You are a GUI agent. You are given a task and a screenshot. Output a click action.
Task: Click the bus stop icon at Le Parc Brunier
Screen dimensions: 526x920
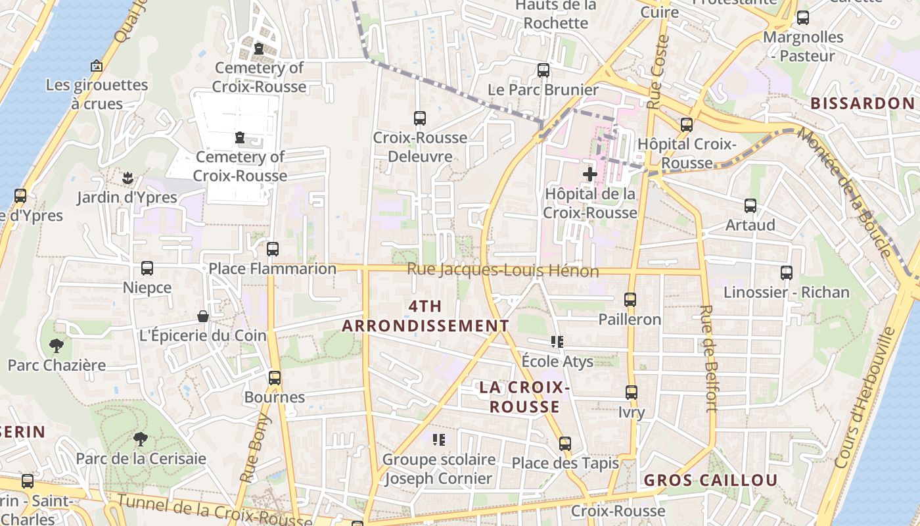(543, 70)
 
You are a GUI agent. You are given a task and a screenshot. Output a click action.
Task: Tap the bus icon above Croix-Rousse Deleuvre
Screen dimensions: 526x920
(419, 118)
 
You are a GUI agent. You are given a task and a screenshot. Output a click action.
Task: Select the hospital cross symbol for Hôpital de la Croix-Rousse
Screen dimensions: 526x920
(589, 174)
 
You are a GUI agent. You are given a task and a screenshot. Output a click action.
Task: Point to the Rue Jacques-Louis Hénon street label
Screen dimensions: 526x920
(503, 270)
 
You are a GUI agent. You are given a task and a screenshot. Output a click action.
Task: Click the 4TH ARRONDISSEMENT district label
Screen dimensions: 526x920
(425, 316)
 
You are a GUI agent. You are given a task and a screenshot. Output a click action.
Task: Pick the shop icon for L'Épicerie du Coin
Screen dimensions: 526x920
(203, 316)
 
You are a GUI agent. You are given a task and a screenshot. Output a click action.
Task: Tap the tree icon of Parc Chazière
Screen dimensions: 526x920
(57, 346)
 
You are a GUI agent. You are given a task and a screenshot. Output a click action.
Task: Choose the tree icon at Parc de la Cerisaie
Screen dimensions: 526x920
(140, 439)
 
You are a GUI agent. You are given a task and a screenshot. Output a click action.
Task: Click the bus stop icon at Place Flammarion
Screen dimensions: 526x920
(273, 249)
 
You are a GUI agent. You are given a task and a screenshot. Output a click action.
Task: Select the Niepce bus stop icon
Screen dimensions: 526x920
(147, 268)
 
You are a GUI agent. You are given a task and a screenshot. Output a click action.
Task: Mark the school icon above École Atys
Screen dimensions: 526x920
(557, 342)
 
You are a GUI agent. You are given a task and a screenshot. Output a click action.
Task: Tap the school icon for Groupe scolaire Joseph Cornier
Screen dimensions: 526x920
(438, 439)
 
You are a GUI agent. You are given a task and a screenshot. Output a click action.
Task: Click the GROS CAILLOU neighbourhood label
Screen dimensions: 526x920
(710, 481)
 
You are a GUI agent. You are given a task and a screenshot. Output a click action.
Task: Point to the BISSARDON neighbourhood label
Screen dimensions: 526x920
(862, 103)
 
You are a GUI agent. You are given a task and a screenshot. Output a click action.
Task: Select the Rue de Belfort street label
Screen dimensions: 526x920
(708, 358)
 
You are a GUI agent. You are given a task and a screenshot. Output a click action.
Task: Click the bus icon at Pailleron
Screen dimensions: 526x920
(630, 300)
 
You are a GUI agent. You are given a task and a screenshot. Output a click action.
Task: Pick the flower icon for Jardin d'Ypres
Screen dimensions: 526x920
(127, 178)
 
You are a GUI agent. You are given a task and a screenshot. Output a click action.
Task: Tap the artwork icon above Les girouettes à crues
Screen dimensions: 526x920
(97, 66)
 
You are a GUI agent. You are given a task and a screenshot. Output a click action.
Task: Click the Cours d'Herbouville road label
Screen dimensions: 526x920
(867, 398)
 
